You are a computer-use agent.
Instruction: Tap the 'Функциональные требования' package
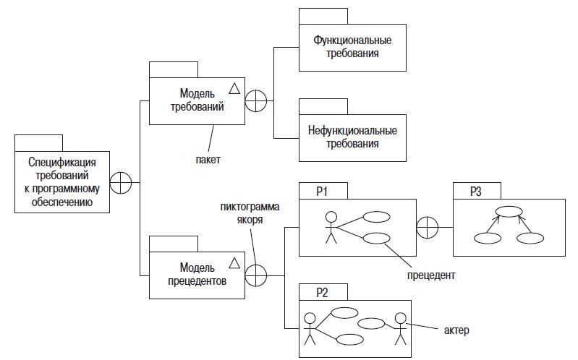click(352, 47)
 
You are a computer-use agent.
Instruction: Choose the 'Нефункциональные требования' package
click(352, 137)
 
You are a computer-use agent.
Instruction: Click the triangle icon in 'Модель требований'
click(234, 88)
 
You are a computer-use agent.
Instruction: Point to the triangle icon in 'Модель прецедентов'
click(234, 262)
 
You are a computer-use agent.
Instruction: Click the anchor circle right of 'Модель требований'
click(256, 100)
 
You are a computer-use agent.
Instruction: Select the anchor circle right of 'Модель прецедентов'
click(256, 275)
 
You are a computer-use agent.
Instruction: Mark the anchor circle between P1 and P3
click(428, 228)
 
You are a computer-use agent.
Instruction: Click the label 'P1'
click(323, 192)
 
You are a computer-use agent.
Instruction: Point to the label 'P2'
click(323, 293)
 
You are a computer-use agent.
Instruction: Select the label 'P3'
click(475, 192)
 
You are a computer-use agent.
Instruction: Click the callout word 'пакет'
click(208, 158)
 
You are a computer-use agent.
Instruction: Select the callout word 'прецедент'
click(431, 275)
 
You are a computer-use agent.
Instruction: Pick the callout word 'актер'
click(456, 330)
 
